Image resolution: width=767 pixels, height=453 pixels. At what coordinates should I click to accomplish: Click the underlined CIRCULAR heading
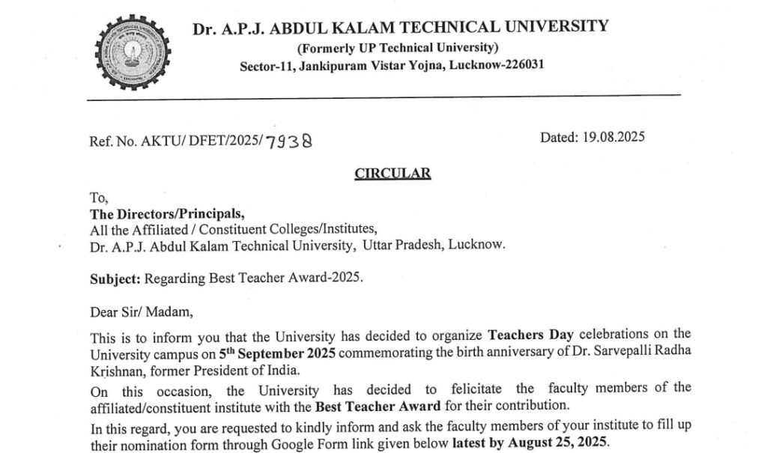click(x=392, y=174)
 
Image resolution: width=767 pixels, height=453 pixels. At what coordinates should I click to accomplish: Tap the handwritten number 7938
click(x=288, y=141)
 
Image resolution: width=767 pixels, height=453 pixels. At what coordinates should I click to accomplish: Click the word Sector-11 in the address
click(x=266, y=66)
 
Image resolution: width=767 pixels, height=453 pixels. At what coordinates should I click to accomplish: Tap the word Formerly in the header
click(x=329, y=48)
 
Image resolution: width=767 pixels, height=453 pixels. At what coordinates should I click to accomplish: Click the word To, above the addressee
click(x=99, y=198)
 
